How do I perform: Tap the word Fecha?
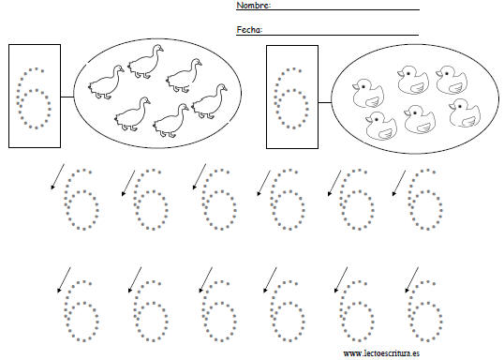[249, 30]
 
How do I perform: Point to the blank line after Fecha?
[341, 35]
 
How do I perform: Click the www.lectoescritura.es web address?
[381, 353]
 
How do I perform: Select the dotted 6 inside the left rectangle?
[34, 98]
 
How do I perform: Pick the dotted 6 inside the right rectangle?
[291, 98]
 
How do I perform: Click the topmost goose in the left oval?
[145, 62]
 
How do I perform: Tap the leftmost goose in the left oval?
[107, 82]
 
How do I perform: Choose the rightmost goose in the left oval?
[210, 101]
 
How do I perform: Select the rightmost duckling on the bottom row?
[465, 112]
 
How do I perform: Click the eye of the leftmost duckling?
[363, 87]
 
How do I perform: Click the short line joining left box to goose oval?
[67, 97]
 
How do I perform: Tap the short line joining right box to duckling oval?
[325, 102]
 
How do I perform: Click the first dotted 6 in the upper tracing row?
[82, 200]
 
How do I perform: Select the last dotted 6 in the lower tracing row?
[425, 310]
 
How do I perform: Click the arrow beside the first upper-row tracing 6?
[57, 177]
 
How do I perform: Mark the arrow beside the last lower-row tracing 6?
[412, 280]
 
